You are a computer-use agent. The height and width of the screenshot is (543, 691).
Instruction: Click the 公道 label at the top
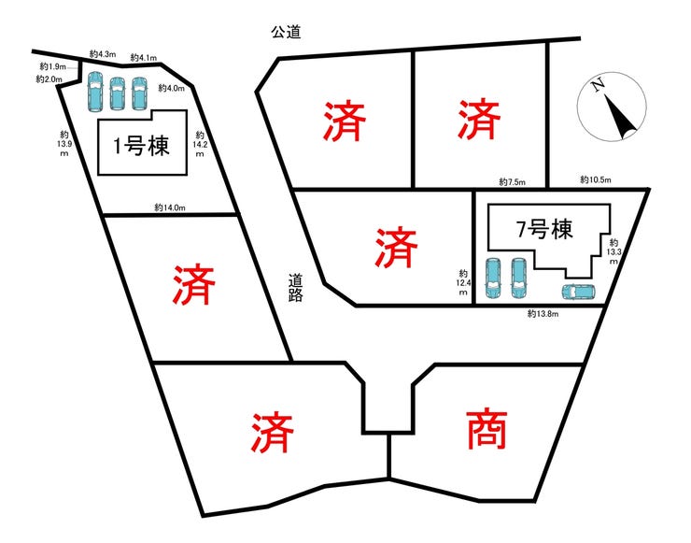click(x=286, y=32)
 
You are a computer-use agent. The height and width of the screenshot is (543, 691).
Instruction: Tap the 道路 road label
click(x=295, y=288)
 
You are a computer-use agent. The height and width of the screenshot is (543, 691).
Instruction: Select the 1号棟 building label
click(x=141, y=145)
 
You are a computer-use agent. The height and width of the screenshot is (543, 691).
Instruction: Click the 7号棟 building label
click(x=544, y=229)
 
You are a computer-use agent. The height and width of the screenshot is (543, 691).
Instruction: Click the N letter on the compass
click(x=598, y=85)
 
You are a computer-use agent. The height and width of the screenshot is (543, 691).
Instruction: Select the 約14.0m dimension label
click(x=170, y=207)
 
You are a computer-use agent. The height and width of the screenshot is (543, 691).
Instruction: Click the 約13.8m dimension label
click(x=543, y=314)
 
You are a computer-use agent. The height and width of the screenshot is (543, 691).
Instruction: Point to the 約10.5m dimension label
click(x=596, y=179)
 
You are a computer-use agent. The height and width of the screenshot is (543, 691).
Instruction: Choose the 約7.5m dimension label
click(x=512, y=181)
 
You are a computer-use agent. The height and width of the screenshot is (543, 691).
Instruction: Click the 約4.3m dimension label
click(x=103, y=54)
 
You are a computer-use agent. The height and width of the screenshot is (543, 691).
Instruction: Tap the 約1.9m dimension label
click(x=52, y=66)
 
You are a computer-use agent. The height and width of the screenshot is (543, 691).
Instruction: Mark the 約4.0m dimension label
click(x=172, y=88)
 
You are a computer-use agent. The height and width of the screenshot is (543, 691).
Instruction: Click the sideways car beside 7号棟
click(x=578, y=292)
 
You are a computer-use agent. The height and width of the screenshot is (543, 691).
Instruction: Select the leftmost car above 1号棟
click(x=95, y=92)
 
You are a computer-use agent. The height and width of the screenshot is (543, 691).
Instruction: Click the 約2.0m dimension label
click(x=49, y=79)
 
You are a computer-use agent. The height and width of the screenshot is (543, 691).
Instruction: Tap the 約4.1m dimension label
click(x=144, y=57)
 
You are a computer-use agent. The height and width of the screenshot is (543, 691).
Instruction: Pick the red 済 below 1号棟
click(x=194, y=284)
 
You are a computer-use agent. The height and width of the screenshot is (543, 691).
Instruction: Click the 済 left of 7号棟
click(x=396, y=247)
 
